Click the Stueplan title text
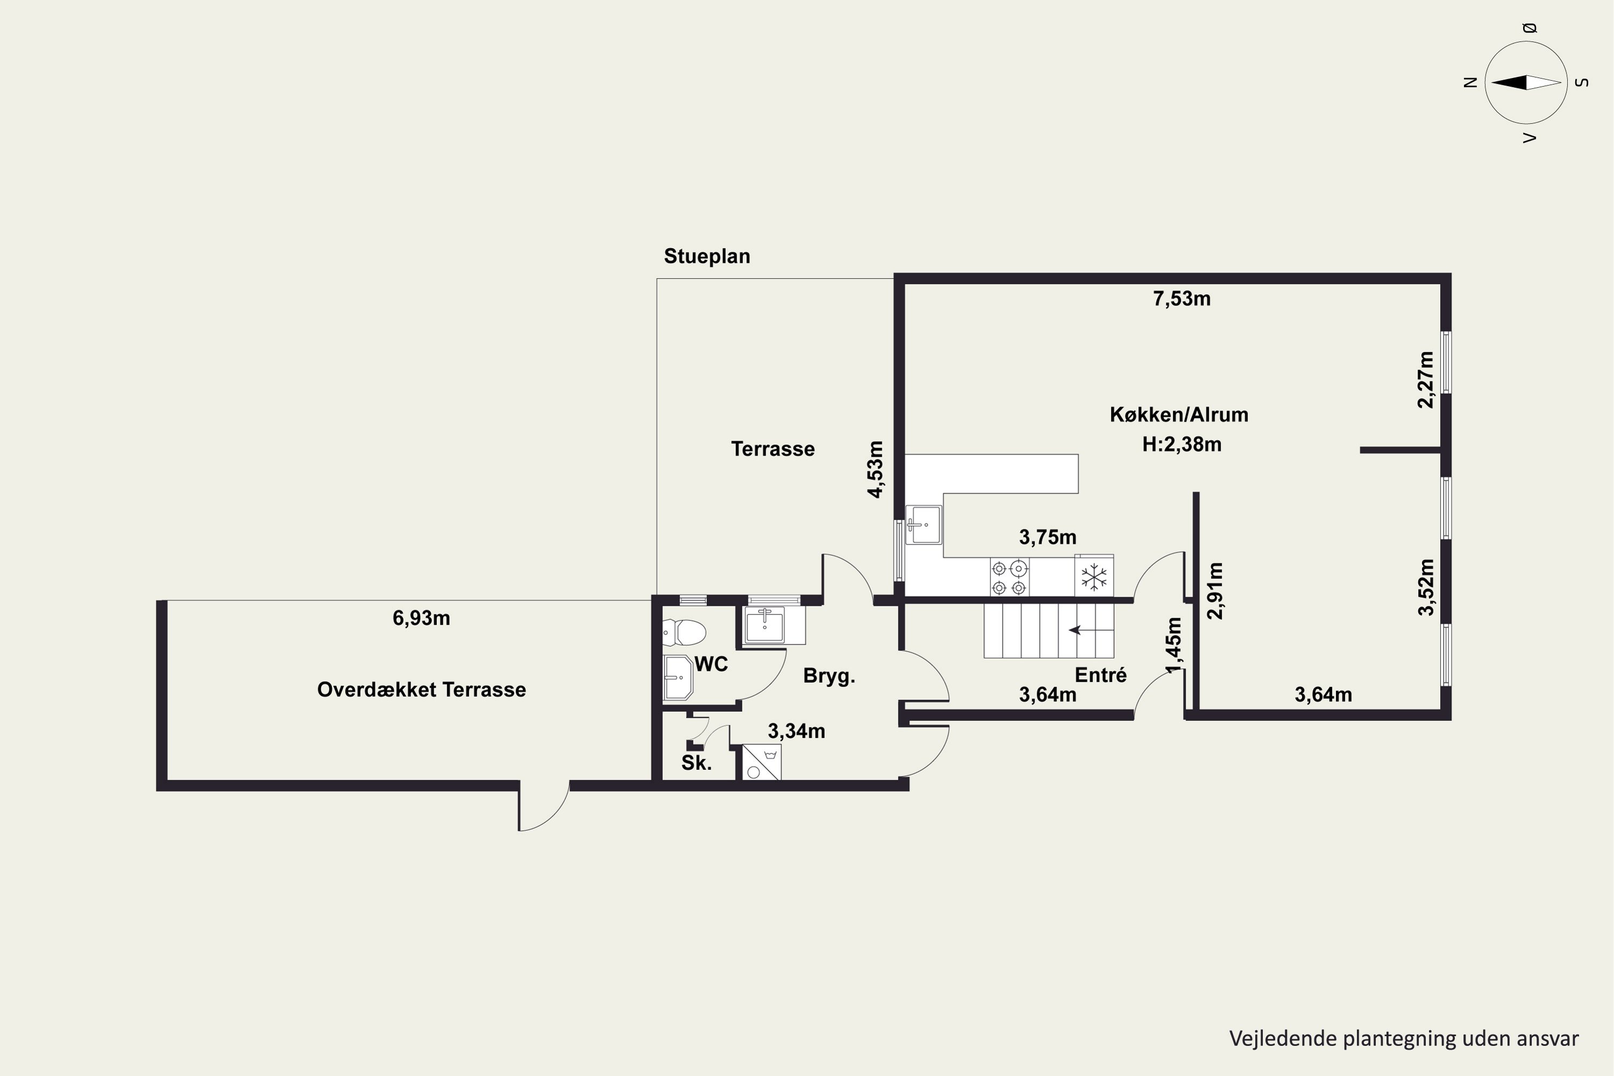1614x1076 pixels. click(x=707, y=257)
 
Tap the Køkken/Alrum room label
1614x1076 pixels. click(x=1179, y=414)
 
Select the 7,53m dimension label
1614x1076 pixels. click(x=1181, y=299)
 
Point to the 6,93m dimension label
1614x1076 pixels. click(x=421, y=618)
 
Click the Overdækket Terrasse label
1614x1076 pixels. click(x=421, y=690)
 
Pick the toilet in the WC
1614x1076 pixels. click(x=684, y=633)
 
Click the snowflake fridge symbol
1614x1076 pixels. click(x=1094, y=576)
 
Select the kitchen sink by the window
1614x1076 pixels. click(x=924, y=525)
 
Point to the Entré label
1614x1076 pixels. click(x=1101, y=675)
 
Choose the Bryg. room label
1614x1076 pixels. click(x=829, y=677)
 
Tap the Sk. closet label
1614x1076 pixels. click(x=697, y=763)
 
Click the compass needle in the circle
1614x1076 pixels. click(x=1526, y=83)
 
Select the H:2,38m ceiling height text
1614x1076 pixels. click(x=1181, y=445)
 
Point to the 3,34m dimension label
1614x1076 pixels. click(x=796, y=732)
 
